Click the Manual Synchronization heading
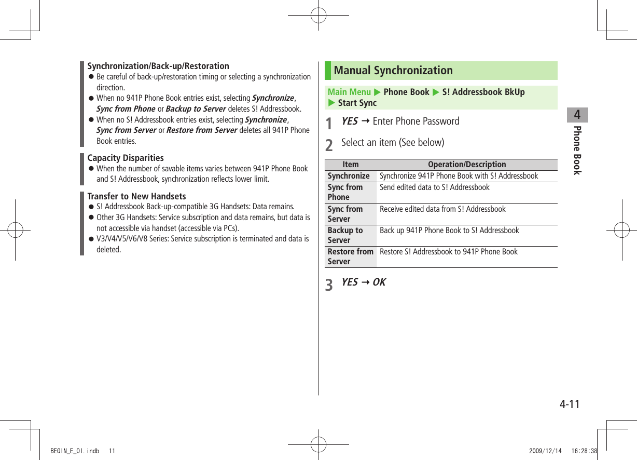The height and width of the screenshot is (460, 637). click(393, 71)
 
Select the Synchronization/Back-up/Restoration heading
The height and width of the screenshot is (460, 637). click(158, 66)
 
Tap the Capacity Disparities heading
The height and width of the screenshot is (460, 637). click(126, 158)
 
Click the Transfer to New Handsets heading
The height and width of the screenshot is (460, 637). click(136, 196)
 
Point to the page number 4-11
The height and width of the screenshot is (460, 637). click(569, 404)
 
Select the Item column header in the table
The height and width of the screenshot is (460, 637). click(351, 165)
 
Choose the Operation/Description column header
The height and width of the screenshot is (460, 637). click(466, 165)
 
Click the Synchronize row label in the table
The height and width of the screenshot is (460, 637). click(349, 176)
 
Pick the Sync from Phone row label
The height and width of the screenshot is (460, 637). click(345, 192)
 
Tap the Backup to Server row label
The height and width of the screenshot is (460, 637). click(345, 235)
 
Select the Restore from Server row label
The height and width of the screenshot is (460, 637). click(350, 256)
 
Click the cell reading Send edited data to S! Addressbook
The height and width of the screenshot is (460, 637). click(434, 187)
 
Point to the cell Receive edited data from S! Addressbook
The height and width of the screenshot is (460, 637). click(442, 209)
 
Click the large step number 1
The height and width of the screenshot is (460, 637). click(329, 124)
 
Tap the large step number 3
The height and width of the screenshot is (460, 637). click(329, 285)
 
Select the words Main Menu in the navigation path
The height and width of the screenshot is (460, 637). click(349, 92)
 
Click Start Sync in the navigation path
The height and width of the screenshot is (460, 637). click(357, 103)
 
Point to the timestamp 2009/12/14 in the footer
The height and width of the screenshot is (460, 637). click(545, 451)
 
